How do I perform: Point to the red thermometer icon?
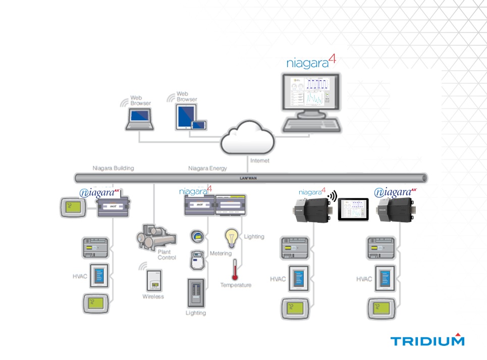[x=235, y=270]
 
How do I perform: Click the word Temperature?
[x=235, y=285]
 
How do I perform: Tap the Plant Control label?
[x=167, y=254]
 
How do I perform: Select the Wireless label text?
[x=153, y=296]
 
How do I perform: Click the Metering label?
[x=221, y=253]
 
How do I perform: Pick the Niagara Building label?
[x=113, y=168]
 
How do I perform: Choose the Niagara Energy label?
[x=207, y=168]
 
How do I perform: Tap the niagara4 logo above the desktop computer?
[x=310, y=63]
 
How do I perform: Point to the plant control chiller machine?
[x=156, y=237]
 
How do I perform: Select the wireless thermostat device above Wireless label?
[x=153, y=281]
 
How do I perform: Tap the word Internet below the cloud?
[x=260, y=161]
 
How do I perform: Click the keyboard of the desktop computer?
[x=311, y=125]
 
